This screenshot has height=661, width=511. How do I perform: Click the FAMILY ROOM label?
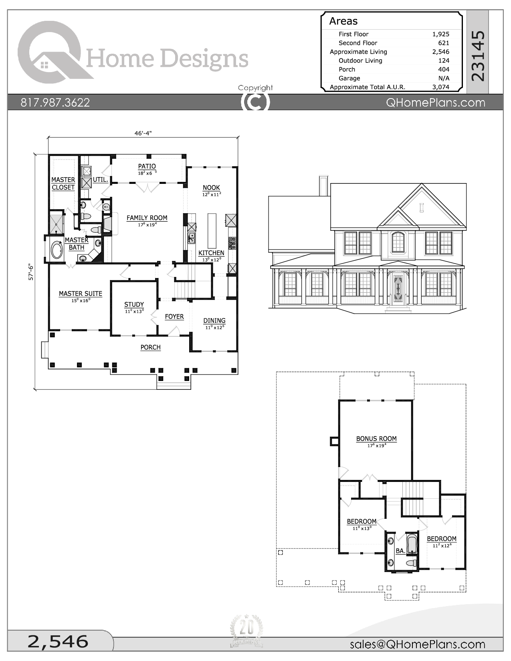[x=147, y=218]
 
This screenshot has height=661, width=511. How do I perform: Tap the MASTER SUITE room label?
[x=81, y=294]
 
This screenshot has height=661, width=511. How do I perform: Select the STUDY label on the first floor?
[x=134, y=304]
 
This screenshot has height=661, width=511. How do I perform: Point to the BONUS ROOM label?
[x=376, y=439]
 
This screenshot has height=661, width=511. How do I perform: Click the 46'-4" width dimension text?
[x=143, y=133]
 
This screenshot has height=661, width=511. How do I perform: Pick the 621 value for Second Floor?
[x=444, y=43]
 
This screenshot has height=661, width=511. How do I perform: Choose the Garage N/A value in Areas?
[x=444, y=78]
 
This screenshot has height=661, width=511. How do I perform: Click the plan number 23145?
[x=478, y=56]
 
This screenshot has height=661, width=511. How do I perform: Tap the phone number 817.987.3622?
[x=55, y=103]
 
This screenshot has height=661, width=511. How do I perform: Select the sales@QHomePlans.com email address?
[x=417, y=644]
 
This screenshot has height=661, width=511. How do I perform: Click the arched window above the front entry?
[x=398, y=242]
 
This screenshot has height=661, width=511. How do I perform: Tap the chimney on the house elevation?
[x=324, y=185]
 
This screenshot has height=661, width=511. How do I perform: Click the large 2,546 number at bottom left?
[x=58, y=641]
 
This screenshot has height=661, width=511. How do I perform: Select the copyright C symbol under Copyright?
[x=255, y=102]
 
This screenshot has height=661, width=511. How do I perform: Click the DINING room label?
[x=214, y=320]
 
